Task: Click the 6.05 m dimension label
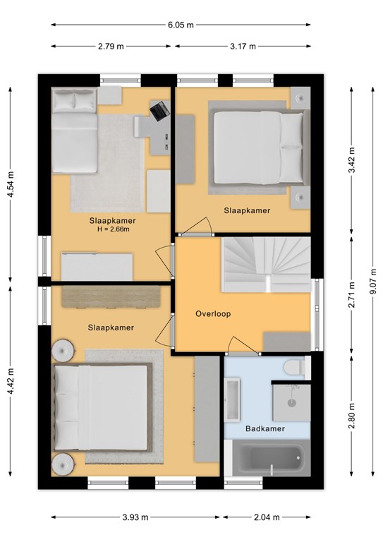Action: (x=181, y=25)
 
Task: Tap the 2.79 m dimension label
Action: (x=111, y=47)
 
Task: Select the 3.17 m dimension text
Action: (x=243, y=47)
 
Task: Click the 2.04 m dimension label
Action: (x=267, y=517)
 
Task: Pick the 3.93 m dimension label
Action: (x=135, y=517)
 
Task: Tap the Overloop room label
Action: (x=213, y=314)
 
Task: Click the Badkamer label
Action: (x=265, y=428)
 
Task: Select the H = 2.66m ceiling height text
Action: (x=114, y=229)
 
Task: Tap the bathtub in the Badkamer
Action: (x=271, y=458)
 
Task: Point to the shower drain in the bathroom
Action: (x=292, y=403)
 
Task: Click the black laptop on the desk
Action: (x=160, y=111)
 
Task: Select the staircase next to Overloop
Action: (x=266, y=265)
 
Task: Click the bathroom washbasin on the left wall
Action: (x=233, y=399)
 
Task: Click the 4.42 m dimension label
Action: (x=11, y=381)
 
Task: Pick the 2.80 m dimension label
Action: (x=351, y=416)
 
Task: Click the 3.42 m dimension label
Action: (x=351, y=160)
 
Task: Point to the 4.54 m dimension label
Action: (x=11, y=185)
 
